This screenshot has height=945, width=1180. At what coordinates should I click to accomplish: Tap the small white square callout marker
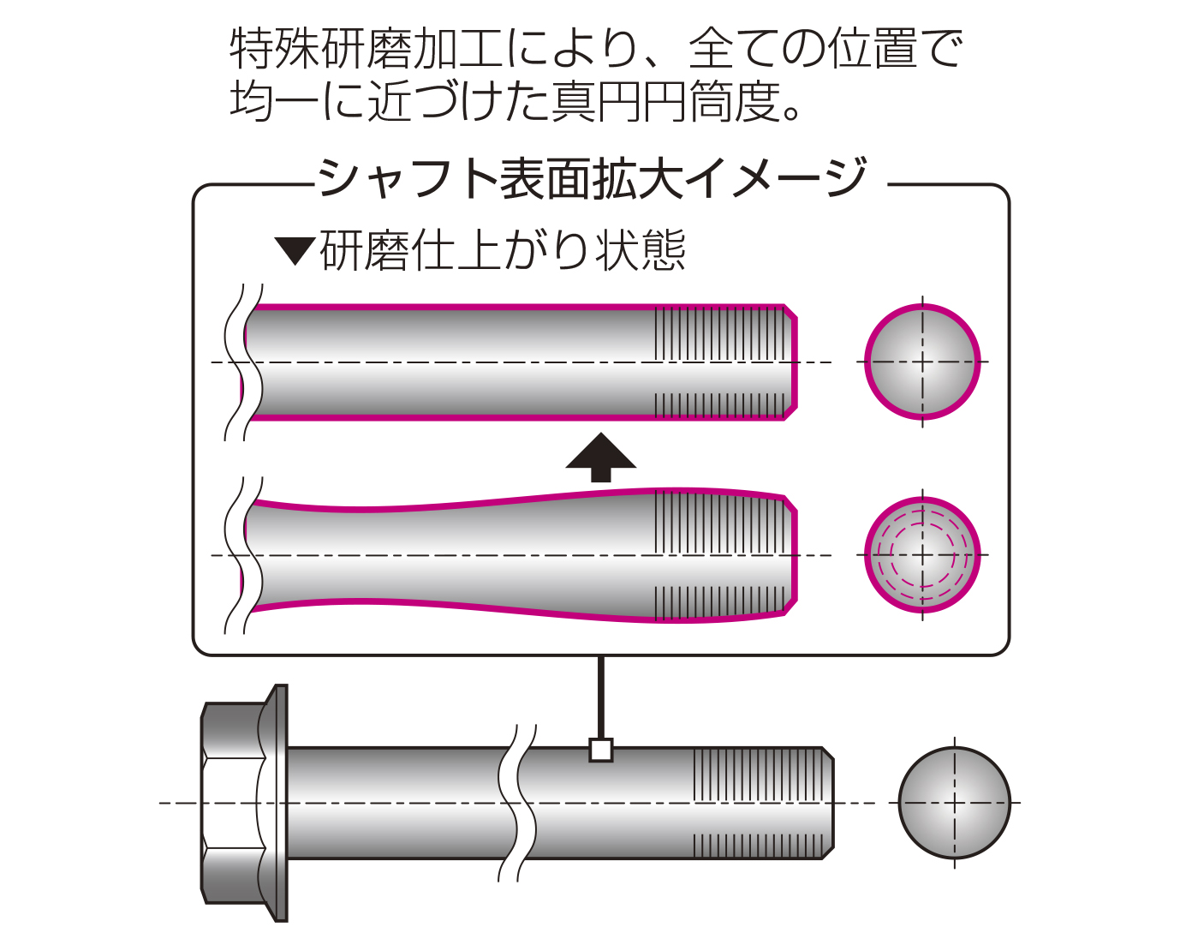tap(601, 751)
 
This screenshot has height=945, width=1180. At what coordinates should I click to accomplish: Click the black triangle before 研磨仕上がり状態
tap(295, 251)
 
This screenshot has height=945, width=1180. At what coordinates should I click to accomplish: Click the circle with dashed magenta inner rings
tap(921, 555)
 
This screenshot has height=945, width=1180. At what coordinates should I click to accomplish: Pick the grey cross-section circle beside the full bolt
tap(954, 803)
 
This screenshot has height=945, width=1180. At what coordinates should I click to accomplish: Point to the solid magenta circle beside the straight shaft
tap(921, 362)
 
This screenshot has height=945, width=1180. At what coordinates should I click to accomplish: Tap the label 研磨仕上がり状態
tap(503, 251)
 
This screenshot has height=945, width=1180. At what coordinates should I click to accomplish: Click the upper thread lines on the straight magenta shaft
tap(719, 332)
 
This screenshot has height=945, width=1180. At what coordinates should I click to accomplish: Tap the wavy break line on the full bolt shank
tap(517, 803)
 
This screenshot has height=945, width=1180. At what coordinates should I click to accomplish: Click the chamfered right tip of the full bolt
tap(827, 803)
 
